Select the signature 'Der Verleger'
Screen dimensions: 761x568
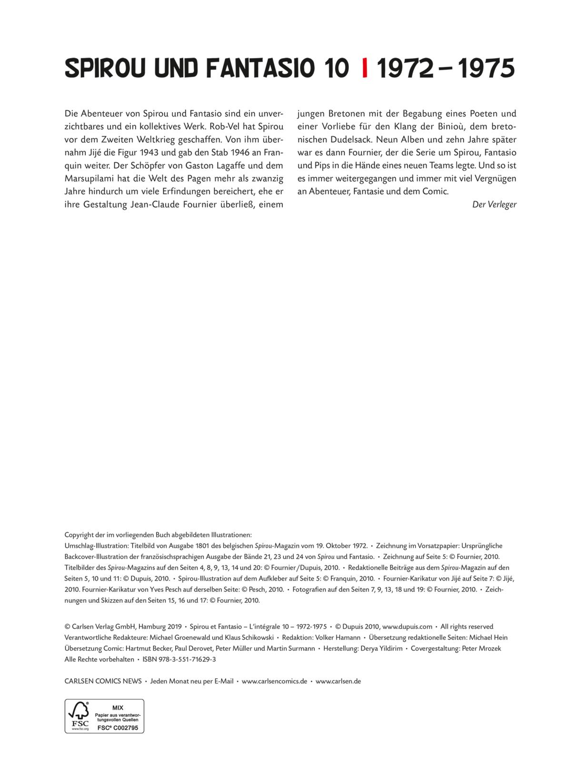click(x=494, y=205)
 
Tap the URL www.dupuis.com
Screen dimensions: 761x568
click(x=407, y=626)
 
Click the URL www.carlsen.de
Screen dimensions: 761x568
click(x=338, y=681)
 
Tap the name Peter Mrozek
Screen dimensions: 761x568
click(x=482, y=648)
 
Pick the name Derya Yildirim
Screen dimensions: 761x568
click(x=380, y=648)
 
